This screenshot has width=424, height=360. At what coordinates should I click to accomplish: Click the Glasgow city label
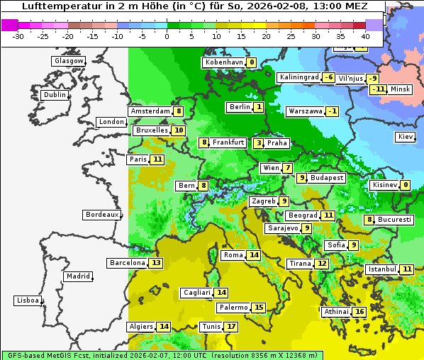click(x=68, y=61)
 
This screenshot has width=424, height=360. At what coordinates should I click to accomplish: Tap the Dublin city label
click(x=54, y=95)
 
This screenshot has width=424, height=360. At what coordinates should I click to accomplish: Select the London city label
click(x=111, y=122)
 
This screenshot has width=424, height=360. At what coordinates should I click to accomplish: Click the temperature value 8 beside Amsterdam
click(x=179, y=111)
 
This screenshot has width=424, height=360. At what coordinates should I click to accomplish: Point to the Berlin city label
click(x=239, y=107)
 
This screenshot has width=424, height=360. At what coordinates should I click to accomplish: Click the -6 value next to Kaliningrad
click(x=328, y=77)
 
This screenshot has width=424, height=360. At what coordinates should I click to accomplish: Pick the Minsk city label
click(x=400, y=89)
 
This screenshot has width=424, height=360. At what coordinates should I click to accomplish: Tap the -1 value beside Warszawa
click(x=332, y=111)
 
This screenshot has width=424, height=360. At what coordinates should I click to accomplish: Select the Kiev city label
click(x=406, y=137)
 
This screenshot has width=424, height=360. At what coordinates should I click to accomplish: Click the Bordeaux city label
click(x=101, y=215)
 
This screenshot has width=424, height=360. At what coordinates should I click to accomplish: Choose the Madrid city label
click(x=78, y=276)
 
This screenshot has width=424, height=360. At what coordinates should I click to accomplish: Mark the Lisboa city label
click(x=27, y=300)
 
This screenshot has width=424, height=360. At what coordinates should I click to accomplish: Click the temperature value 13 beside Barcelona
click(x=156, y=263)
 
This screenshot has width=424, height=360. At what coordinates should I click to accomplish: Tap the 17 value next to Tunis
click(x=231, y=327)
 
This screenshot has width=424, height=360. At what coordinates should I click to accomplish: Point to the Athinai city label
click(x=336, y=312)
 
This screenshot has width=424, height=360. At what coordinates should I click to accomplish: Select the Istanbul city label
click(x=381, y=269)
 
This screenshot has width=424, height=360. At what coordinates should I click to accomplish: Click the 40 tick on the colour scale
click(x=365, y=35)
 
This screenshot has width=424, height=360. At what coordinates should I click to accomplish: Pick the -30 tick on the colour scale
click(x=18, y=35)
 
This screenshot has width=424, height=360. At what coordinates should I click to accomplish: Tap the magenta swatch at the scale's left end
click(x=9, y=25)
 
